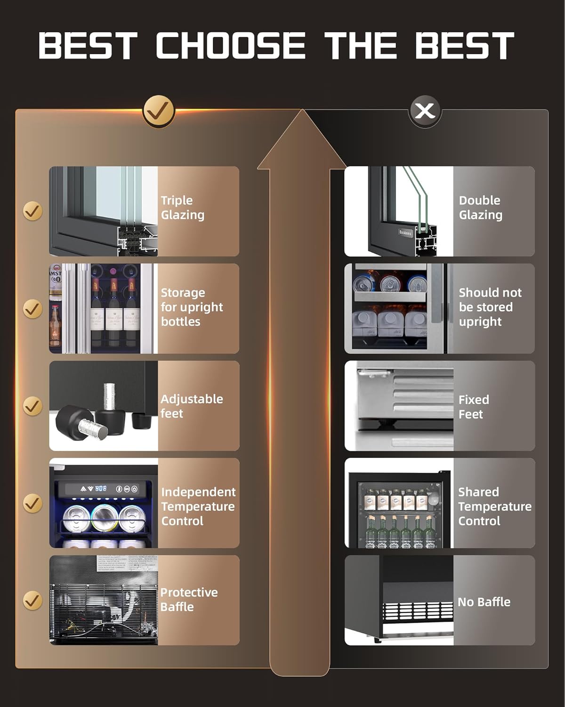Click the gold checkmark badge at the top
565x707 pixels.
pyautogui.click(x=158, y=111)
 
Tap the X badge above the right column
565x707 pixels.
pyautogui.click(x=425, y=111)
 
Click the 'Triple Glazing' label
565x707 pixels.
pyautogui.click(x=183, y=207)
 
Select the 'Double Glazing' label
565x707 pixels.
pyautogui.click(x=481, y=207)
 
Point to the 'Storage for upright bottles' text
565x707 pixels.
pyautogui.click(x=192, y=307)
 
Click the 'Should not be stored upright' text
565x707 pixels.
pyautogui.click(x=490, y=307)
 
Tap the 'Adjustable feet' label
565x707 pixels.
pyautogui.click(x=192, y=406)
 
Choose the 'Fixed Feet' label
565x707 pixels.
pyautogui.click(x=474, y=407)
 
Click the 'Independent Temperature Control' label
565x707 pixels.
pyautogui.click(x=198, y=506)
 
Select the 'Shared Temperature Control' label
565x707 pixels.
pyautogui.click(x=494, y=506)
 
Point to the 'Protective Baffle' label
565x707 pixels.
pyautogui.click(x=189, y=600)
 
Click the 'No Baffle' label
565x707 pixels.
pyautogui.click(x=484, y=602)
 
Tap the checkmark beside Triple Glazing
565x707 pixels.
pyautogui.click(x=32, y=211)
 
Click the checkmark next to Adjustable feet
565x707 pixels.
pyautogui.click(x=32, y=406)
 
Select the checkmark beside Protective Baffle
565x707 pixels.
pyautogui.click(x=32, y=600)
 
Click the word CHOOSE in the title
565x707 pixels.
pyautogui.click(x=231, y=46)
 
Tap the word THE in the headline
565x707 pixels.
pyautogui.click(x=360, y=46)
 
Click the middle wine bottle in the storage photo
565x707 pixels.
pyautogui.click(x=114, y=311)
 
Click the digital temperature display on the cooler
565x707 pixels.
pyautogui.click(x=101, y=489)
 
